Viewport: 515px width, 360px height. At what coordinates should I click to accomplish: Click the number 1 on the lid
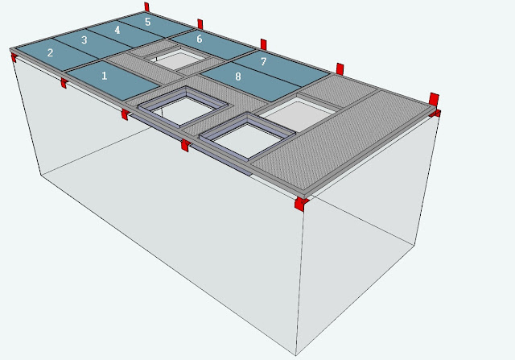point(105,76)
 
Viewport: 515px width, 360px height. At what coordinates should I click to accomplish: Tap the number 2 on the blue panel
point(50,52)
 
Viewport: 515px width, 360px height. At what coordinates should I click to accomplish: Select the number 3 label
point(84,40)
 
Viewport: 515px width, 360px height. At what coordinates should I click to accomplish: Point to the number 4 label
point(117,31)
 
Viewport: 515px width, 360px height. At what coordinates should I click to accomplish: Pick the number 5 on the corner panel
point(148,22)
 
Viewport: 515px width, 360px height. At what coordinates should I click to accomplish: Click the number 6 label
point(200,39)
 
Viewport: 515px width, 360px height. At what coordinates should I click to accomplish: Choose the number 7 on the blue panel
point(263,61)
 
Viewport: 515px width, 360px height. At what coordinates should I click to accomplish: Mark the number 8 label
point(238,77)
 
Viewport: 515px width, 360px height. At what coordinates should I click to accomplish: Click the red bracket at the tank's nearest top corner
point(301,204)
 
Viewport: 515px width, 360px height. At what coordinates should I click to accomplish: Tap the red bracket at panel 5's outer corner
point(146,7)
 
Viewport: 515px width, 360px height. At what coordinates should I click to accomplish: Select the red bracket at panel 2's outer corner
point(14,58)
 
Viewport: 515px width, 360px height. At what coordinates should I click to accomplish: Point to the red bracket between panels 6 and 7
point(263,44)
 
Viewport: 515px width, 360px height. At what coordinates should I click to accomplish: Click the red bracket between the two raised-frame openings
point(185,145)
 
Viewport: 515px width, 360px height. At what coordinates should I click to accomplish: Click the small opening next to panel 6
point(177,59)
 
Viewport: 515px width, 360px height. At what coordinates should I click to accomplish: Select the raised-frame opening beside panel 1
point(183,107)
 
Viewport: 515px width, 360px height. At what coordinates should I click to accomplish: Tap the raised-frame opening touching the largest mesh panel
point(247,137)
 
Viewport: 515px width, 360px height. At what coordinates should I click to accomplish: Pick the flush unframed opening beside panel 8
point(298,113)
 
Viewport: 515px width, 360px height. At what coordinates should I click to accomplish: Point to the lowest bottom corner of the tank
point(295,355)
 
